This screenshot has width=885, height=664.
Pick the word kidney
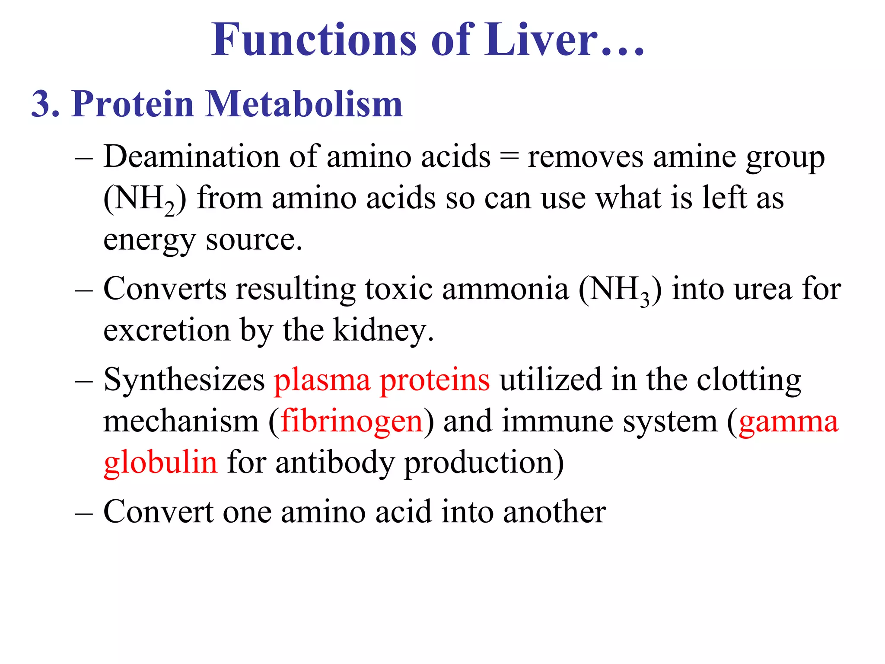(383, 331)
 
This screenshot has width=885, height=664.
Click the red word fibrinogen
(351, 422)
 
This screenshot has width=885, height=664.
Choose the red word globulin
(160, 463)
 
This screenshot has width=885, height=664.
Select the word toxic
(398, 289)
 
